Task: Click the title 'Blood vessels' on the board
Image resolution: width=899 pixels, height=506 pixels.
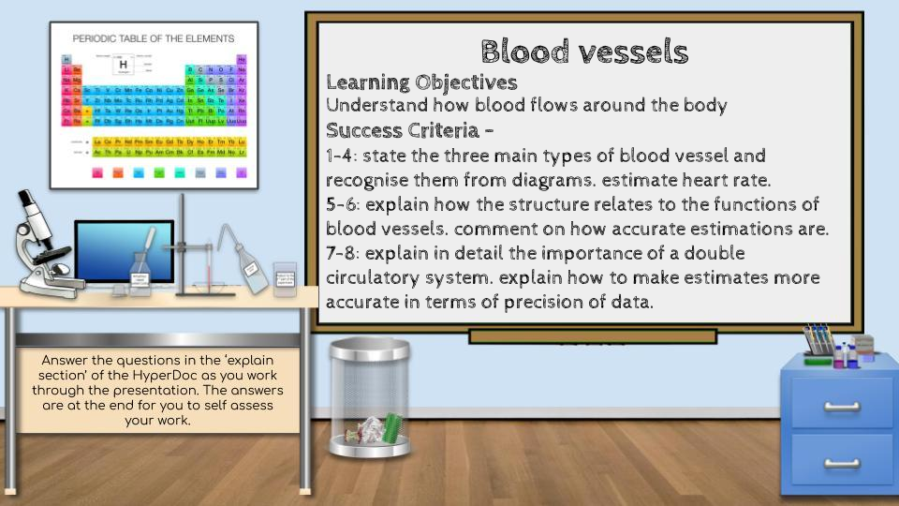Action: coord(584,52)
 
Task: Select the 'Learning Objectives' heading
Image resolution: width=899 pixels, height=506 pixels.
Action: coord(421,82)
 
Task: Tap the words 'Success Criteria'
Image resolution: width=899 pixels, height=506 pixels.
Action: coord(405,130)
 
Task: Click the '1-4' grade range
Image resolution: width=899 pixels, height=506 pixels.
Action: coord(343,155)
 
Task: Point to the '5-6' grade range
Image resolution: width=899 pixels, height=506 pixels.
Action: coord(344,204)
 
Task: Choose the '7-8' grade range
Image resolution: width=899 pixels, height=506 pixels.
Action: coord(344,254)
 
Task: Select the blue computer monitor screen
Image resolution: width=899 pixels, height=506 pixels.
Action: coord(124,250)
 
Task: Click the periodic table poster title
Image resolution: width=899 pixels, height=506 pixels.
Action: coord(153,38)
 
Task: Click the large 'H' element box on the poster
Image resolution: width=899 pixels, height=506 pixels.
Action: coord(124,65)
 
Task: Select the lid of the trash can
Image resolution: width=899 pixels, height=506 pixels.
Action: coord(369,349)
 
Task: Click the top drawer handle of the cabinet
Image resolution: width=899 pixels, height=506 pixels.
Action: coord(841,406)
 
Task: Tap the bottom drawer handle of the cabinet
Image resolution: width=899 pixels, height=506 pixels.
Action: coord(841,462)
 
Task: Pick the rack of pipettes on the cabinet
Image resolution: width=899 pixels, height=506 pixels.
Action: coord(818,339)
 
